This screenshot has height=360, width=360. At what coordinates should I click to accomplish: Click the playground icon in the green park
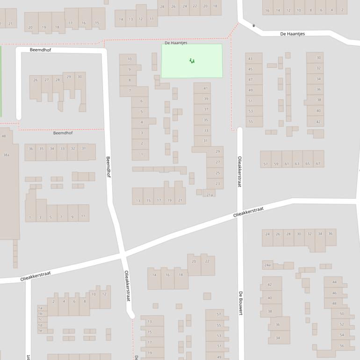[x=192, y=61]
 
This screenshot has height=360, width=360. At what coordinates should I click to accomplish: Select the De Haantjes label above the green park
[x=176, y=43]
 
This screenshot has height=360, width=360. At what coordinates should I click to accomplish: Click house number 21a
[x=209, y=195]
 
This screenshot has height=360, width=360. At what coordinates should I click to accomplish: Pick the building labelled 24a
[x=267, y=266]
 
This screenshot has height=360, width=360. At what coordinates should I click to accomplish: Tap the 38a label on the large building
[x=6, y=155]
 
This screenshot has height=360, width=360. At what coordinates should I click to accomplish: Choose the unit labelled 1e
[x=40, y=331]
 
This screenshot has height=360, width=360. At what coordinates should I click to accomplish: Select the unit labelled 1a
[x=40, y=308]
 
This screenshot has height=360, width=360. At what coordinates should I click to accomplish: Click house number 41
[x=206, y=88]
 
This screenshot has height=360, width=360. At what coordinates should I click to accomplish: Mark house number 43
[x=251, y=59]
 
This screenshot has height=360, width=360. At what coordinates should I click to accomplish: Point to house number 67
[x=318, y=164]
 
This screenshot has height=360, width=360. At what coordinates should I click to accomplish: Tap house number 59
[x=276, y=164]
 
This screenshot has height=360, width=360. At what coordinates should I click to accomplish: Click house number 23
[x=217, y=184]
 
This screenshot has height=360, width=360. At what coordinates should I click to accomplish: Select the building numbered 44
[x=334, y=282]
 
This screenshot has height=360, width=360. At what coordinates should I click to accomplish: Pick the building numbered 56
[x=341, y=346]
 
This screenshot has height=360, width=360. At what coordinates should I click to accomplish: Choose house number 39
[x=206, y=99]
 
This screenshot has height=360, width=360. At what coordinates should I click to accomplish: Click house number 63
[x=297, y=164]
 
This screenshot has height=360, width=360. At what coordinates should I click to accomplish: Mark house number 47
[x=251, y=80]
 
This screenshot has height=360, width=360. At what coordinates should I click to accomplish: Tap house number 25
[x=217, y=173]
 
